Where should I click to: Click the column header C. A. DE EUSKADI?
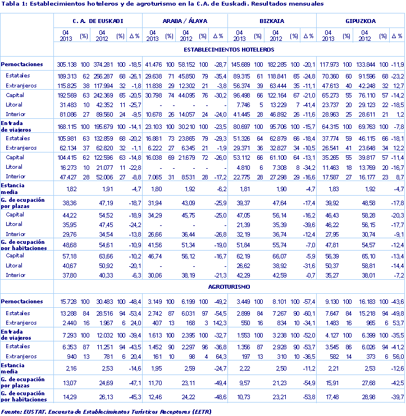tap(98, 20)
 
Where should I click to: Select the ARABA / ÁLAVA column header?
tap(185, 20)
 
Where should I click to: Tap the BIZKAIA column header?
tap(272, 20)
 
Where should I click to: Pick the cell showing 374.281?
tap(103, 65)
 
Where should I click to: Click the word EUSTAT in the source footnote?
tap(33, 412)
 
